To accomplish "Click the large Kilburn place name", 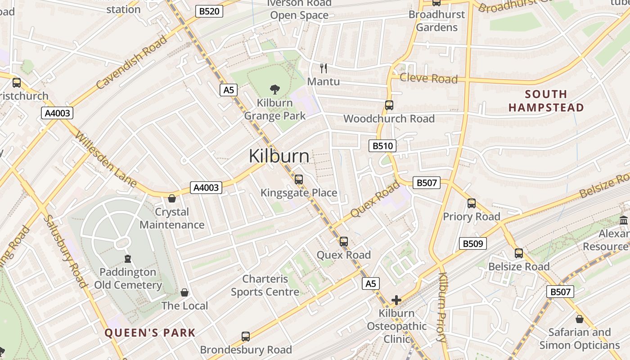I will click(279, 156).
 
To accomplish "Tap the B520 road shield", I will click(209, 11).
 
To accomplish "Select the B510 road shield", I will click(382, 145).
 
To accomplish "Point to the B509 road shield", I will click(473, 244).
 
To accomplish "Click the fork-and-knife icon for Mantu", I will click(323, 68).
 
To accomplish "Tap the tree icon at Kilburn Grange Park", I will click(274, 89).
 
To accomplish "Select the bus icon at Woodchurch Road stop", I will click(389, 105).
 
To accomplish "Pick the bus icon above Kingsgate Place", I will click(298, 180).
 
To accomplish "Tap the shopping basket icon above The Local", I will click(184, 292).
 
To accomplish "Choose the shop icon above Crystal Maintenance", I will click(172, 198).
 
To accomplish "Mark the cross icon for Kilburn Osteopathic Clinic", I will click(396, 300).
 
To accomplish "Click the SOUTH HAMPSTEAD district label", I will click(546, 101).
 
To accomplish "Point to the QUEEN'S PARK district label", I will click(150, 333).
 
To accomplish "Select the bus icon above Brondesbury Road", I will click(246, 336).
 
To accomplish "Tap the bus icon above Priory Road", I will click(471, 203).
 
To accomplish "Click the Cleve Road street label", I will click(428, 79).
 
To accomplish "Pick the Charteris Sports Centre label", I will click(265, 285).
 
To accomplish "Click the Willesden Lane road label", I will click(106, 159).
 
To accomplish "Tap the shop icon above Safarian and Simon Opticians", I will click(580, 319).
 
